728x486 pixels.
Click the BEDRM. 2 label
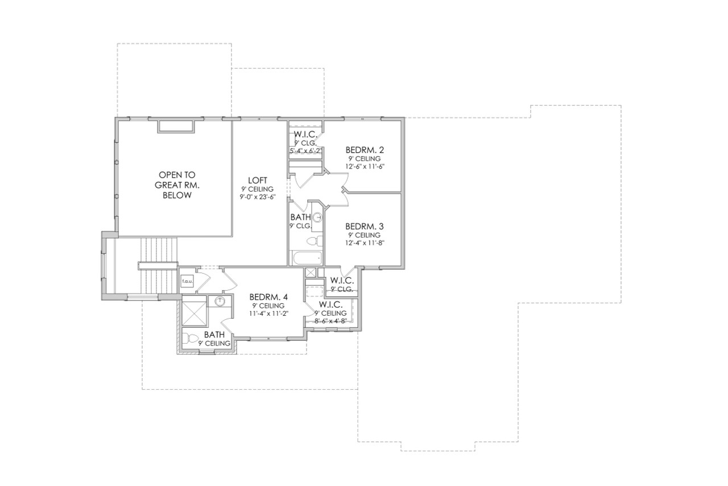tap(365, 150)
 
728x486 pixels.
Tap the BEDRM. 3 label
tap(365, 225)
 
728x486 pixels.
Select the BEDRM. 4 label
tap(269, 297)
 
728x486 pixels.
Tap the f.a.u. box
tap(187, 281)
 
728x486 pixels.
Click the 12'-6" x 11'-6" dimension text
tap(365, 166)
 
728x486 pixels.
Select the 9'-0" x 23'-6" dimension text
tap(258, 197)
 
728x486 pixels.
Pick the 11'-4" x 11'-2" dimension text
tap(269, 314)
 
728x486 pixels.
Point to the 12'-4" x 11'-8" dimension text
tap(365, 242)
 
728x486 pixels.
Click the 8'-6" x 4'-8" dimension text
tap(330, 321)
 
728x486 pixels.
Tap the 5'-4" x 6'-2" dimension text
tap(306, 151)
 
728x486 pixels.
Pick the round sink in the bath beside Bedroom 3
tap(318, 217)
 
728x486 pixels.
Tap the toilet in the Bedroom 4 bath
tap(191, 339)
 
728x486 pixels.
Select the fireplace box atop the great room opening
tap(176, 126)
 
